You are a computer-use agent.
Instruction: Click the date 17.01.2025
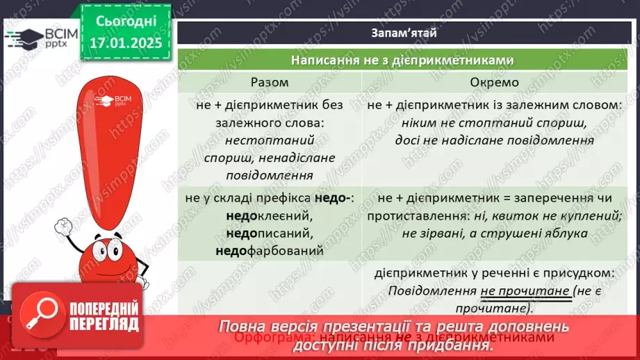point(125,43)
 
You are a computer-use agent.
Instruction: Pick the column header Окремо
point(494,82)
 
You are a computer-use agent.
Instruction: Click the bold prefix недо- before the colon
point(334,199)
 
